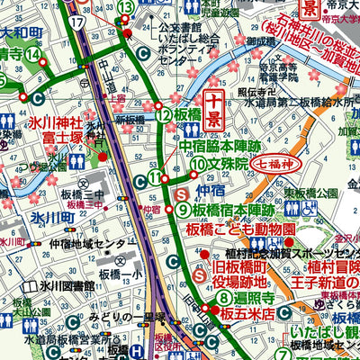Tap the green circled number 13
click(126, 8)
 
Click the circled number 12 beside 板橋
click(163, 114)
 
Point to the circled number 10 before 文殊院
click(197, 164)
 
